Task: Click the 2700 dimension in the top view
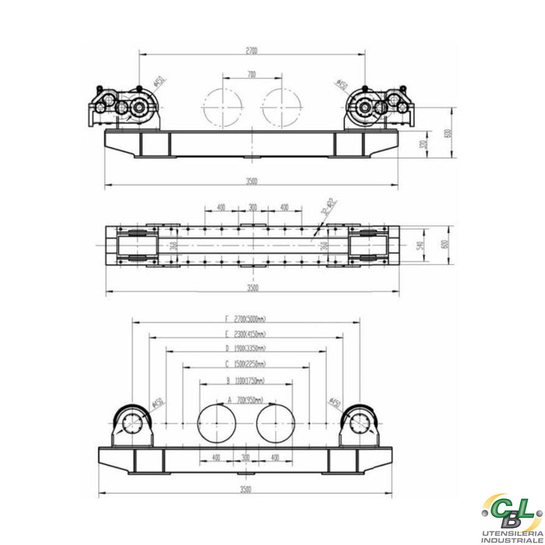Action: pos(251,51)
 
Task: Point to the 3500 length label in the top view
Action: pos(251,181)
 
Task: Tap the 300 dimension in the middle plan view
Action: pos(251,207)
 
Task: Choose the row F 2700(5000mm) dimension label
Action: pos(243,319)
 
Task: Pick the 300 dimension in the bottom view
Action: pos(246,458)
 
